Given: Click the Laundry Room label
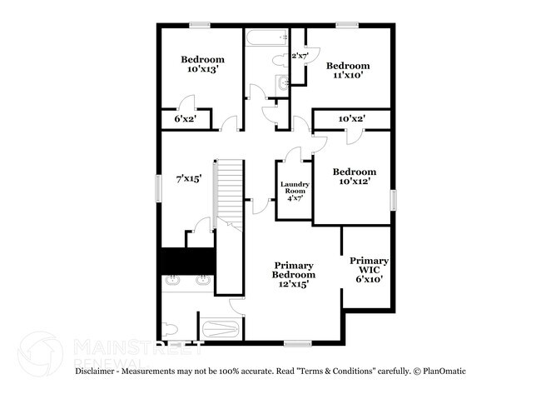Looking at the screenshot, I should [x=295, y=192].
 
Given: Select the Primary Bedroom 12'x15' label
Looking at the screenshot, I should [x=295, y=274].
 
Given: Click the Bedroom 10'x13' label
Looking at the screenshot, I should [x=203, y=64].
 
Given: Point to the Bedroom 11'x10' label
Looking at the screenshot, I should [x=347, y=70].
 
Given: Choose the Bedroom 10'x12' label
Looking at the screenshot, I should [x=354, y=176].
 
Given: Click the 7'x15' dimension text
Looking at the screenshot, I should [x=187, y=178].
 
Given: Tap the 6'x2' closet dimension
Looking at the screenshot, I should [x=183, y=119].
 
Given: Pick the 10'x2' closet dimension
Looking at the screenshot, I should [x=351, y=119].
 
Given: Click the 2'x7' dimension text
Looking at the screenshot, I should [x=300, y=56].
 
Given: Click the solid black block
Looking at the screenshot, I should [x=188, y=261].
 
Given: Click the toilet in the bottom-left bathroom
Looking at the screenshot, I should [x=170, y=327].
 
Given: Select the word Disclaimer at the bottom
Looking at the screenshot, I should [x=101, y=370].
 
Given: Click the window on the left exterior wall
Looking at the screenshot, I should [x=157, y=187].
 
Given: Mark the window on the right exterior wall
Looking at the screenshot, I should [x=395, y=202].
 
